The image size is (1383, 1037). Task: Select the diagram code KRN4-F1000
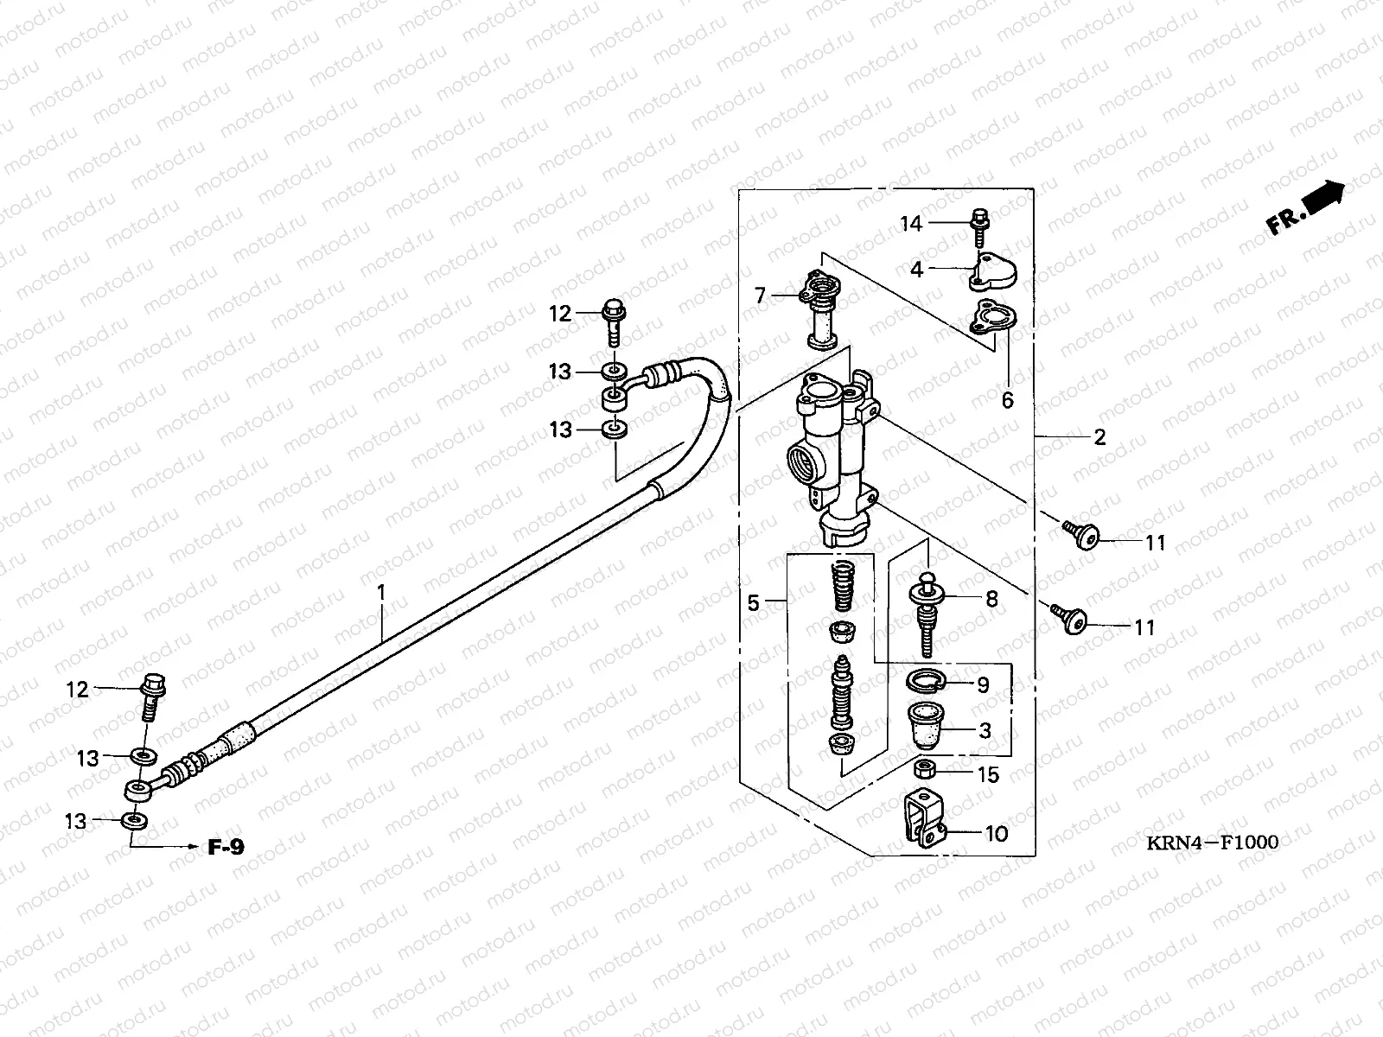(x=1212, y=843)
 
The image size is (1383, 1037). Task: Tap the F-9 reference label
(x=226, y=847)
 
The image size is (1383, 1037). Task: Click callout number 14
(x=911, y=224)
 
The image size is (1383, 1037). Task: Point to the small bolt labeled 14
(x=980, y=228)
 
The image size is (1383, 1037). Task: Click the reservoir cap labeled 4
(x=993, y=272)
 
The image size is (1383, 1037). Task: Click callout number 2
(x=1099, y=437)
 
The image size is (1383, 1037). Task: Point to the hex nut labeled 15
(x=924, y=769)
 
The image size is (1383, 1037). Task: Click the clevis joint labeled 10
(x=925, y=818)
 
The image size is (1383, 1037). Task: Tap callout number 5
(x=753, y=603)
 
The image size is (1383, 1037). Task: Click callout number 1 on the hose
(x=381, y=593)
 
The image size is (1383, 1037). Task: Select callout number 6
(x=1008, y=400)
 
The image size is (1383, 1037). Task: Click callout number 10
(x=996, y=834)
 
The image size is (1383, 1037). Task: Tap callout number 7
(x=761, y=296)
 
